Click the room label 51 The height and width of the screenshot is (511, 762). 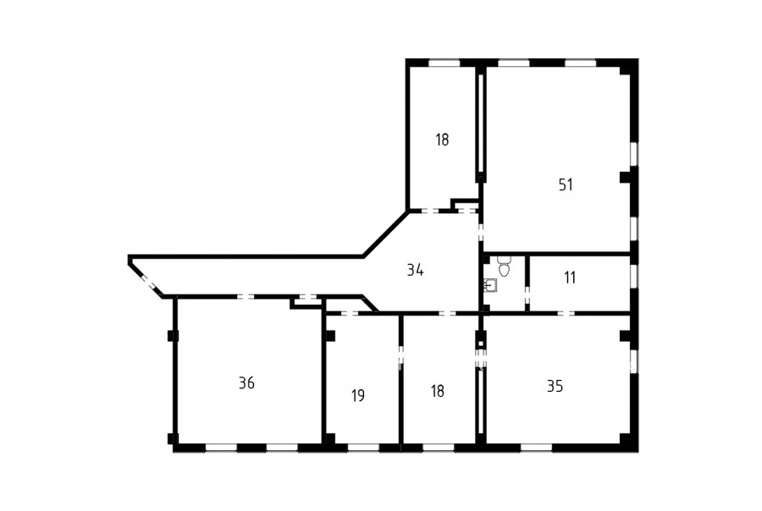coord(566,184)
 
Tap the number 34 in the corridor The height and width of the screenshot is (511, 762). coord(415,270)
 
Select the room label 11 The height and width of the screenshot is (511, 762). coord(570,277)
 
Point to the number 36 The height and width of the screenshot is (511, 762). coord(247,383)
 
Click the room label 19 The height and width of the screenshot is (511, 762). coord(358,396)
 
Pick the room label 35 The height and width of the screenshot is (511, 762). coord(555,386)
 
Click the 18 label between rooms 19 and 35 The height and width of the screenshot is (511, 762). coord(438,391)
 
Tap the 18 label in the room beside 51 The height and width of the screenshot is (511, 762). coord(442,140)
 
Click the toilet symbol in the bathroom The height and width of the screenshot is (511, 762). coord(504,266)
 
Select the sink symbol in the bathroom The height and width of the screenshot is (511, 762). coord(490,285)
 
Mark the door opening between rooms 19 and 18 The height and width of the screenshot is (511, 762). coord(401,358)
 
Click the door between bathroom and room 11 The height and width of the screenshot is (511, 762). coord(527,296)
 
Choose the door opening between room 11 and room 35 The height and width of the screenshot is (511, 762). coord(566,313)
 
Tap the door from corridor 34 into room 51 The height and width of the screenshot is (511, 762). coord(481,231)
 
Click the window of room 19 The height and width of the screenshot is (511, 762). coord(363,448)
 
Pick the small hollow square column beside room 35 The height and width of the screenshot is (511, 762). coord(481,343)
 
